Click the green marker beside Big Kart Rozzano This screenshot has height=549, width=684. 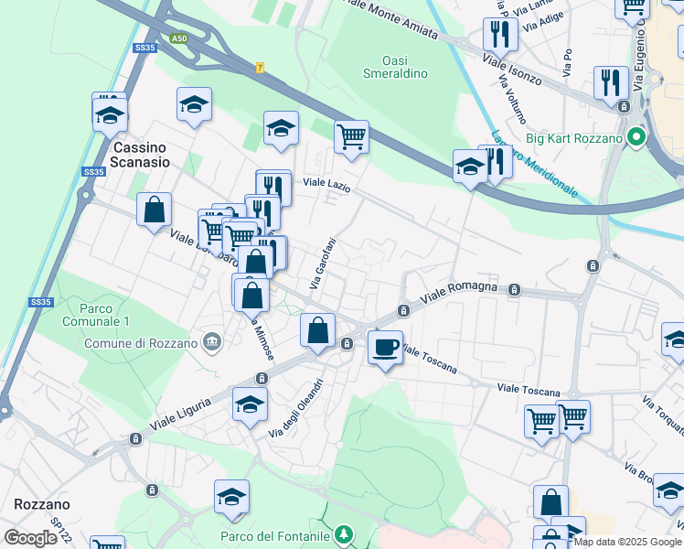(637, 139)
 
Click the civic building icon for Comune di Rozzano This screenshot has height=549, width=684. (212, 342)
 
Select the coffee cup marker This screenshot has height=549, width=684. (385, 347)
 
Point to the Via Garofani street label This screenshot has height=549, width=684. (324, 264)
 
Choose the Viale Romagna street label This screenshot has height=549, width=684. (458, 292)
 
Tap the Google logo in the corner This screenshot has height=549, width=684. (30, 538)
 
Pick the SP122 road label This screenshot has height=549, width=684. (59, 532)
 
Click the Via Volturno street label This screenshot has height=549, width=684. (512, 102)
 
